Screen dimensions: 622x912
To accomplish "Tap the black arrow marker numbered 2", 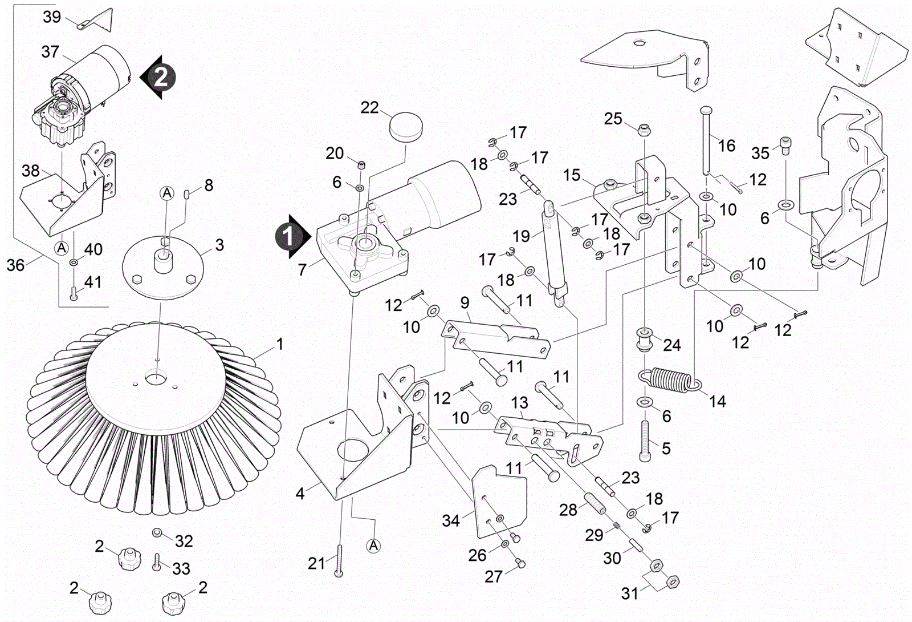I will (x=159, y=76).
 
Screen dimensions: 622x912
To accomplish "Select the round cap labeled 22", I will (x=406, y=126).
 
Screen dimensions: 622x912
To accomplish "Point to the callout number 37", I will (x=50, y=52).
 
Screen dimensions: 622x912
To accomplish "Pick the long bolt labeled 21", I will (x=339, y=560).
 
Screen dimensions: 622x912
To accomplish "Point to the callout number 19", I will (x=521, y=236).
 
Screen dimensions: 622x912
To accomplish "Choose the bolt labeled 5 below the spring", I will (x=645, y=440).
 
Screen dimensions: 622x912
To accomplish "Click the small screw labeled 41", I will (x=73, y=293).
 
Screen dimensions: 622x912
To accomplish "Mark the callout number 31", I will (x=629, y=593).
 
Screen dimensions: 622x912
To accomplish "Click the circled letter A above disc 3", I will (x=166, y=193).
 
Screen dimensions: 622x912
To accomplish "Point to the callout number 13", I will (x=519, y=403).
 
